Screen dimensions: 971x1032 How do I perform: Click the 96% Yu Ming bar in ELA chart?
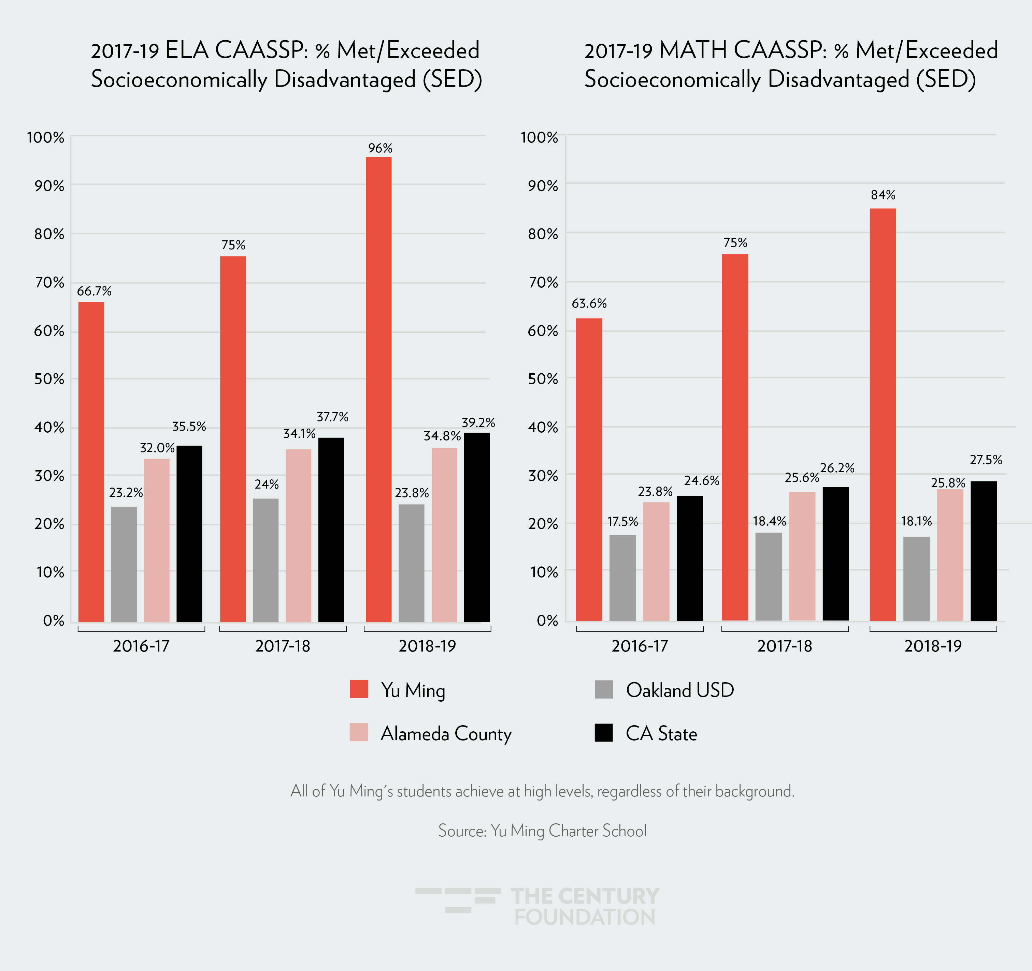378,389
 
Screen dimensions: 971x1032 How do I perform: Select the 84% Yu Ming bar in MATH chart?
883,415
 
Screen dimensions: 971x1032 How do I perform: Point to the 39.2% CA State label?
478,423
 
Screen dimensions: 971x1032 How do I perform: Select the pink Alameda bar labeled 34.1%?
299,535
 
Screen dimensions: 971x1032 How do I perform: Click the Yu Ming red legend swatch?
359,689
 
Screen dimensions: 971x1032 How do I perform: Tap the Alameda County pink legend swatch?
359,732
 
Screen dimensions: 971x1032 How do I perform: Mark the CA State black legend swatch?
604,732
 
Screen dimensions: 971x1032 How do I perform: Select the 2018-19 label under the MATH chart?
933,646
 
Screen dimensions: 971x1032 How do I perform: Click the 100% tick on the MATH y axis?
539,137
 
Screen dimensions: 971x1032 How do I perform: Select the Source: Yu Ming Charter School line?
542,831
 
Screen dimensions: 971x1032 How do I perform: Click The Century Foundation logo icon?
458,900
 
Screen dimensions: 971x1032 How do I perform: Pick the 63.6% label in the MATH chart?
589,303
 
